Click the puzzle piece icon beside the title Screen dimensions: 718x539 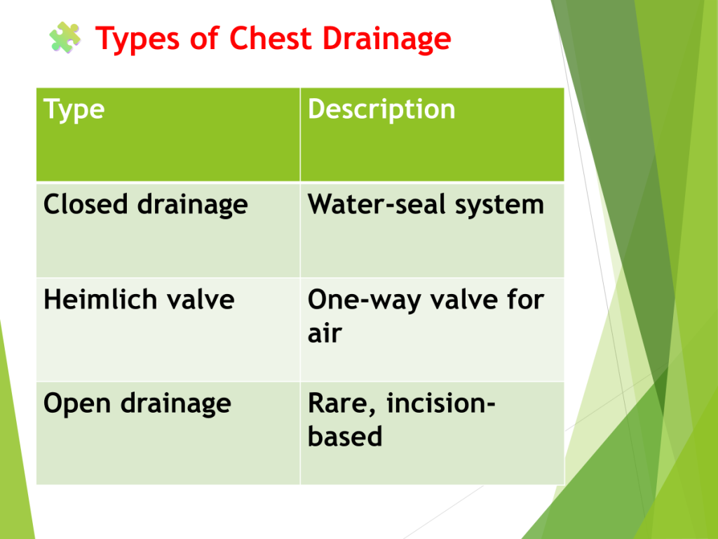click(65, 38)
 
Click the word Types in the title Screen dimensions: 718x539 click(137, 39)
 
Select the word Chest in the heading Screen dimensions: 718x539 click(271, 38)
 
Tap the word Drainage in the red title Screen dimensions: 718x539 click(387, 39)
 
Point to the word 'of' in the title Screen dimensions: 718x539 click(204, 38)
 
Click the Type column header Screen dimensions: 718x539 click(74, 110)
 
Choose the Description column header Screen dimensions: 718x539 click(381, 110)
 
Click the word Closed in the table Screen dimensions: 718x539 click(85, 204)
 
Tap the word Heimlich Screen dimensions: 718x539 click(100, 299)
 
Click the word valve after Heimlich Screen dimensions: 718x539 click(201, 299)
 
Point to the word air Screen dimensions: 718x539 click(325, 333)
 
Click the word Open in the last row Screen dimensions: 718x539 click(77, 404)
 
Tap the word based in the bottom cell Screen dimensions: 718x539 click(345, 436)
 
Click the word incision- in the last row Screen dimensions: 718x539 click(441, 403)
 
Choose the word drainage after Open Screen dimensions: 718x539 click(176, 404)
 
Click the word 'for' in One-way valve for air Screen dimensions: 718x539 click(526, 299)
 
